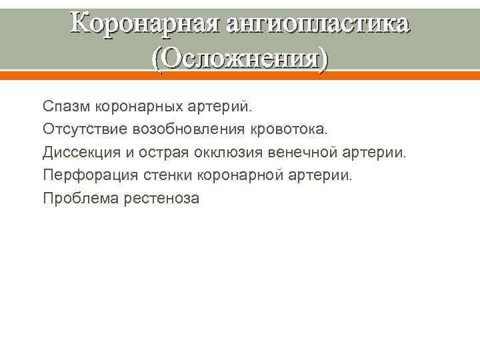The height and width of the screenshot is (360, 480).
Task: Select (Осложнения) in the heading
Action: pyautogui.click(x=240, y=59)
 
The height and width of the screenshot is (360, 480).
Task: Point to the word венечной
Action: pyautogui.click(x=303, y=153)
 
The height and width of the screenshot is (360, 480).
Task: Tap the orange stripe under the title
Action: pyautogui.click(x=240, y=75)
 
